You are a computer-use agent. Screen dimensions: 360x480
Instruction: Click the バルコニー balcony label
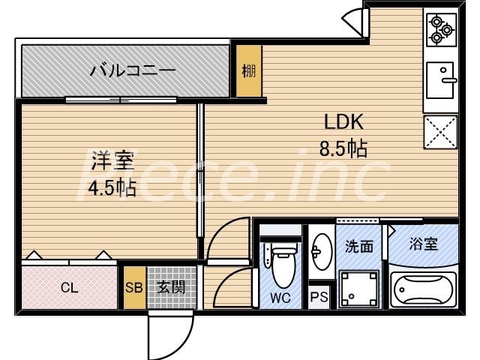click(x=133, y=70)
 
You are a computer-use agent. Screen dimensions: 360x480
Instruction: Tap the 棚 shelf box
click(x=247, y=71)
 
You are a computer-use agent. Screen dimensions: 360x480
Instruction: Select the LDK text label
click(x=343, y=123)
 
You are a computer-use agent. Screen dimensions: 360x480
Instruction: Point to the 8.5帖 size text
click(x=343, y=148)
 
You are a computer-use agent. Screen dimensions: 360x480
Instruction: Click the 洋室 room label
click(x=112, y=160)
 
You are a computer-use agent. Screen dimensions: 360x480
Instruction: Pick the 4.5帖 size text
click(x=112, y=187)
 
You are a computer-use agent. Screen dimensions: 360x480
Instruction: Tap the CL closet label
click(x=70, y=287)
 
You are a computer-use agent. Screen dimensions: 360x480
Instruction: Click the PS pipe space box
click(x=319, y=297)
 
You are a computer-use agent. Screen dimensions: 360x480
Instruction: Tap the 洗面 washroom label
click(x=358, y=245)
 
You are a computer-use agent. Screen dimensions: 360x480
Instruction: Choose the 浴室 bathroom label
click(x=422, y=243)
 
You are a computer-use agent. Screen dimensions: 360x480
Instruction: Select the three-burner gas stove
click(x=440, y=29)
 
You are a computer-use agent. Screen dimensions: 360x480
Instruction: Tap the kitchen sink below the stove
click(x=440, y=79)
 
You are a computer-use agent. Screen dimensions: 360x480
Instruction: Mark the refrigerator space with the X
click(x=440, y=132)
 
